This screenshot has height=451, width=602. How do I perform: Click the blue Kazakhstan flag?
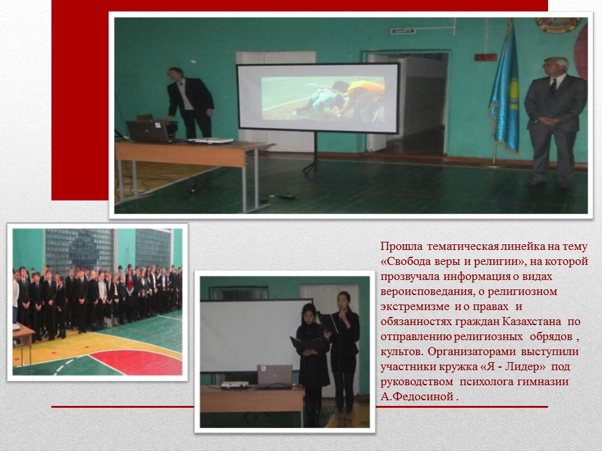click(x=505, y=92)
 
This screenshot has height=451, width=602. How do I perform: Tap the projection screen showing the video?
click(x=319, y=98)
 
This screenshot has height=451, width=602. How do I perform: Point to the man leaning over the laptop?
click(x=189, y=103)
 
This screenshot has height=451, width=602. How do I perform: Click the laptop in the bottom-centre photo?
click(x=274, y=376)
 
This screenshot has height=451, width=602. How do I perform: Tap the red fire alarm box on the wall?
click(x=485, y=57)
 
